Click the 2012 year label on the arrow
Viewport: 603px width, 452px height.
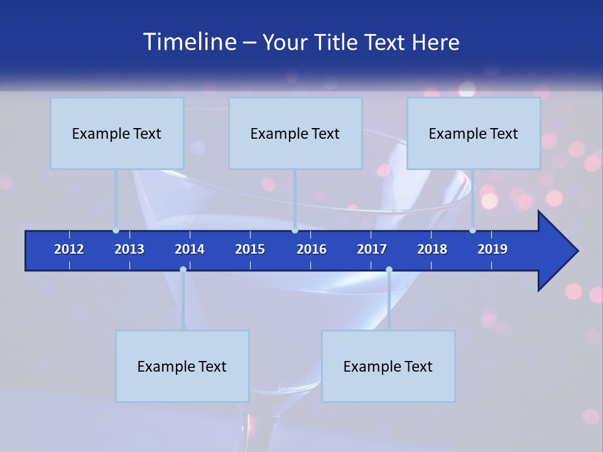pos(69,249)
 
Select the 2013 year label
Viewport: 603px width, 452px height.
pos(129,249)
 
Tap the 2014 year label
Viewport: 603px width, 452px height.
pos(190,249)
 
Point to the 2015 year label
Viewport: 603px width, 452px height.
pos(250,249)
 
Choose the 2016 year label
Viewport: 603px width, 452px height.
pos(312,249)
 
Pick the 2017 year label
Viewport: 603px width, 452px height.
pos(372,249)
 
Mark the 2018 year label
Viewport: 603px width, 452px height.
pos(432,249)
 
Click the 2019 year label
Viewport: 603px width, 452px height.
pos(492,249)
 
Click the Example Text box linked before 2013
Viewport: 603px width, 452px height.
pos(117,133)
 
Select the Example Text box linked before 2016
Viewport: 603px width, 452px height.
pos(295,133)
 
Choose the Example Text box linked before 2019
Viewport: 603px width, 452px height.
pos(474,133)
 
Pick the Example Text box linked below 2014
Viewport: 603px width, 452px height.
pos(182,366)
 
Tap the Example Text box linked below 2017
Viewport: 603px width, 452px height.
pos(388,366)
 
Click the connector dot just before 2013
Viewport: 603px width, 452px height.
pos(116,230)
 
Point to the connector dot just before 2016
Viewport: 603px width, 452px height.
pos(295,230)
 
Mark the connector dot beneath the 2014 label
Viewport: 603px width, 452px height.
pos(183,270)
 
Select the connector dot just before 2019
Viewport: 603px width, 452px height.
pos(473,230)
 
